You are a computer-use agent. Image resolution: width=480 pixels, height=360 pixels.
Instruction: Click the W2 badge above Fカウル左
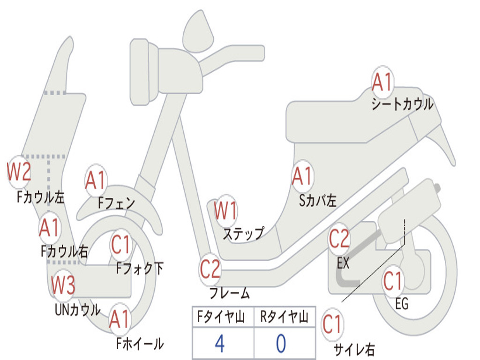click(19, 172)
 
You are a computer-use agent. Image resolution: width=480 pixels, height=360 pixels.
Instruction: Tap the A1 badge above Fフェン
click(96, 180)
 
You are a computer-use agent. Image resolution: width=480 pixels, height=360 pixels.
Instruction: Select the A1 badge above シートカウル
click(382, 82)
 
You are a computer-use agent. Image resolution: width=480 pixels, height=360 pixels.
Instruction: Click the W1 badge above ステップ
click(225, 210)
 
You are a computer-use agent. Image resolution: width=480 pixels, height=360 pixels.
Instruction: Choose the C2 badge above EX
click(339, 239)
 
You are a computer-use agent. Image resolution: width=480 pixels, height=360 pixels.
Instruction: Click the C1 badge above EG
click(393, 281)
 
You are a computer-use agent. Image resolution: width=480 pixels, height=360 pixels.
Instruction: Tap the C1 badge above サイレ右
click(332, 324)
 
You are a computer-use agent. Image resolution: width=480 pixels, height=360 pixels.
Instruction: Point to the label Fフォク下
click(140, 269)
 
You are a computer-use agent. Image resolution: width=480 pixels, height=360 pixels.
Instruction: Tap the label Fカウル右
click(65, 251)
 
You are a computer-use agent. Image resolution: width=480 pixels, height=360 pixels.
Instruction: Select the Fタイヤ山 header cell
click(223, 317)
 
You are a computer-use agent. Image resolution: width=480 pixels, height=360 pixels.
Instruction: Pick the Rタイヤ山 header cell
click(285, 317)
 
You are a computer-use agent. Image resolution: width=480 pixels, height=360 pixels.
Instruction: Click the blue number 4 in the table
click(219, 343)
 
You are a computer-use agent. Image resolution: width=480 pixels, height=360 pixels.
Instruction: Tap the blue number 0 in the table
click(281, 343)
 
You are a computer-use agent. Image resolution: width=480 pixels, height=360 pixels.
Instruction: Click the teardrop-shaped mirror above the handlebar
click(198, 32)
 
